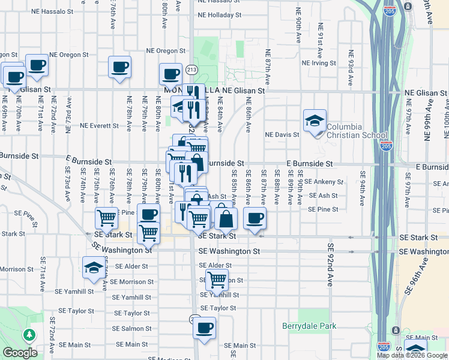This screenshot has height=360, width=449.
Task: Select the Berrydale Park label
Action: point(309,326)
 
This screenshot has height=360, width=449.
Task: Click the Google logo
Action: point(20,352)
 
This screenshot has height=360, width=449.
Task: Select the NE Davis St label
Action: point(283,135)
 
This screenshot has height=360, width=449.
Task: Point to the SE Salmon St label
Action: point(132,329)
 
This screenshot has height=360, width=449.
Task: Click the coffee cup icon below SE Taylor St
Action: point(205,328)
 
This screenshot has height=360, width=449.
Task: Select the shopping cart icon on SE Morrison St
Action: point(217,279)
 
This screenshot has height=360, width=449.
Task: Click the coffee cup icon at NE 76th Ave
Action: point(119,66)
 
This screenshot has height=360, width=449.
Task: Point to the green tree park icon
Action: point(28,335)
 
